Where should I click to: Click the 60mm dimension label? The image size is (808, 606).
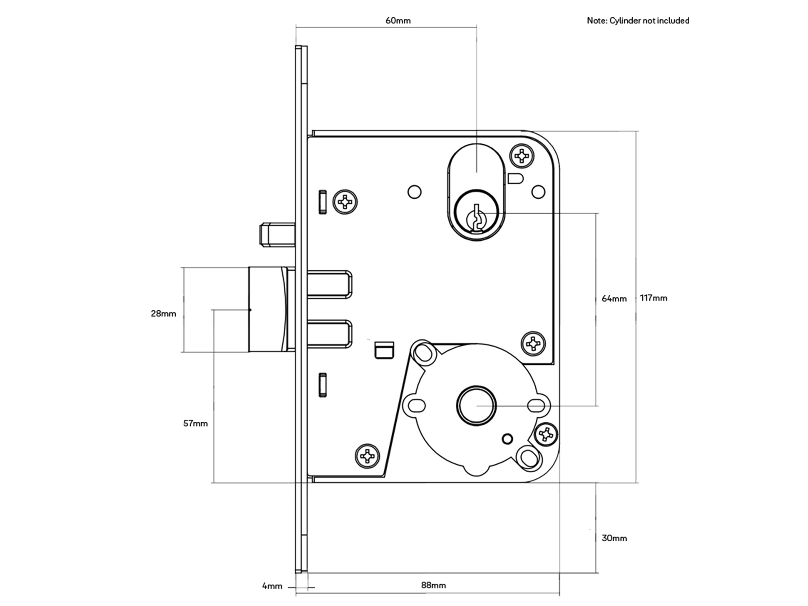(398, 21)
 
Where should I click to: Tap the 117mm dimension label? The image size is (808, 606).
(654, 298)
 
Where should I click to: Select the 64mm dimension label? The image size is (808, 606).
(614, 299)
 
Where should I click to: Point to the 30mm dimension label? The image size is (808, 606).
(614, 538)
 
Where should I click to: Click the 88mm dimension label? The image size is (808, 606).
(433, 585)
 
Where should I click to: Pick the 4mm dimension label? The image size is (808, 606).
(272, 586)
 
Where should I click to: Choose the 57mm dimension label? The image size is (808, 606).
(196, 423)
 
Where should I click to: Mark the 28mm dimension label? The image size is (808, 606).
(164, 314)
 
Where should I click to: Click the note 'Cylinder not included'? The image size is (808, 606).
(638, 21)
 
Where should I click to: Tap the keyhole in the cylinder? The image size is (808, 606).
(476, 218)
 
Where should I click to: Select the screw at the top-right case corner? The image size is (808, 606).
(522, 156)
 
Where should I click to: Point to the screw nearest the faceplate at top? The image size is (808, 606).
(345, 202)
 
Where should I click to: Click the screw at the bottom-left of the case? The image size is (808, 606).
(367, 456)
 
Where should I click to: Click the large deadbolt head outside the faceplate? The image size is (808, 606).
(268, 309)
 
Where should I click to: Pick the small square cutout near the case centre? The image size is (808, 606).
(384, 350)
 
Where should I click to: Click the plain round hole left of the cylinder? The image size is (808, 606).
(415, 191)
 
